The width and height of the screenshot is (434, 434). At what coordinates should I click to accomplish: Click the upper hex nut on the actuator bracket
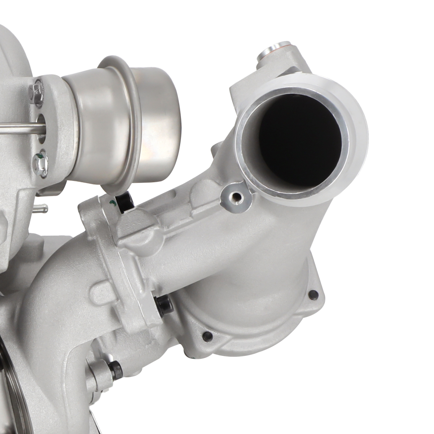[37, 92]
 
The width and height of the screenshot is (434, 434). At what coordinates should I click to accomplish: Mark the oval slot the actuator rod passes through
[42, 128]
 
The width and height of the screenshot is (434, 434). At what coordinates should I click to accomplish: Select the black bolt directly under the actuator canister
[124, 202]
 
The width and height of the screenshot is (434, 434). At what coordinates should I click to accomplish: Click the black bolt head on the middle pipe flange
[164, 306]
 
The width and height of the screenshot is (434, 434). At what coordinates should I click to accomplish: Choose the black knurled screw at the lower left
[115, 370]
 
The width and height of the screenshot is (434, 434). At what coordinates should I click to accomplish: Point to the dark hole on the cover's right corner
[312, 295]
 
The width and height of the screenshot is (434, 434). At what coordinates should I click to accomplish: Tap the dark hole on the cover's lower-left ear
[207, 336]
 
